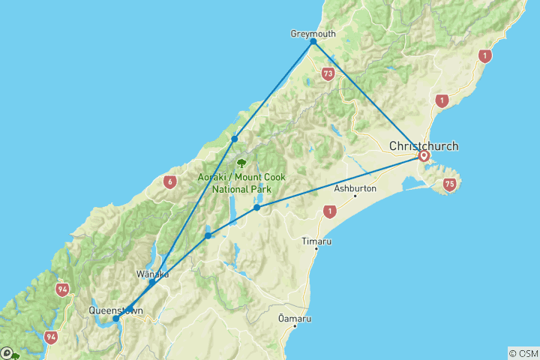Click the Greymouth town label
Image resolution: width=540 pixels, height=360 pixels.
tap(313, 34)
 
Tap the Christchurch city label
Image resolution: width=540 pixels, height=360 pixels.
tap(423, 145)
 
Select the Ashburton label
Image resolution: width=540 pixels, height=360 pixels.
tap(355, 188)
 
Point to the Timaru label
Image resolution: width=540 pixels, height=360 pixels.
tap(316, 241)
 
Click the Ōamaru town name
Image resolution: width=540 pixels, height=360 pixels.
tap(294, 317)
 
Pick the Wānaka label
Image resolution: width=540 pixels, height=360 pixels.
tap(152, 274)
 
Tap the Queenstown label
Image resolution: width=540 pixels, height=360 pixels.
tap(115, 309)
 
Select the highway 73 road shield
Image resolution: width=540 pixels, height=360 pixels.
tap(327, 73)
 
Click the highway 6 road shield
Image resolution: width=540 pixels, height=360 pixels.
tap(171, 181)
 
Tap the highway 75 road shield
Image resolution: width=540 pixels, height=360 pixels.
tap(449, 183)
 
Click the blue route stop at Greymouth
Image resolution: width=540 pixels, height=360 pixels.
tap(313, 42)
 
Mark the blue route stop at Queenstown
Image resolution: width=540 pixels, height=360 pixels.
tap(115, 319)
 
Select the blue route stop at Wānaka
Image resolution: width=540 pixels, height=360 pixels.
tap(152, 283)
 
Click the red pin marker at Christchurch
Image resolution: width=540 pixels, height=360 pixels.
tap(424, 156)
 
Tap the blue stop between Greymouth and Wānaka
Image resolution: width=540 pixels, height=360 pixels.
tap(235, 139)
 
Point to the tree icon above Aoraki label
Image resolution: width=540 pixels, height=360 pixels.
tap(241, 162)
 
